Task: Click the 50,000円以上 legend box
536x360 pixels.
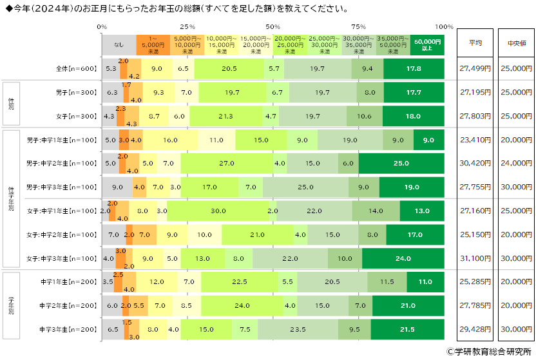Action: [x=427, y=44]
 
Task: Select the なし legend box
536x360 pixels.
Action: [x=119, y=44]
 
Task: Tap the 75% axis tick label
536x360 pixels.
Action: [x=358, y=27]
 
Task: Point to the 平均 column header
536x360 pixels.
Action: [x=475, y=43]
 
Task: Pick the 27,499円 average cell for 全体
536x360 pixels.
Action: [x=475, y=68]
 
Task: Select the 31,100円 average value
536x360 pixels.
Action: [x=475, y=258]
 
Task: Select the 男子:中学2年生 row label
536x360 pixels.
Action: [x=61, y=164]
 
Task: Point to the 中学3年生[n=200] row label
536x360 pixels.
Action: [x=68, y=330]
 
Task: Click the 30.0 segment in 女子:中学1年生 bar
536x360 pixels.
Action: [x=218, y=211]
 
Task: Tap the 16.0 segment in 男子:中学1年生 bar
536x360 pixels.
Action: [x=170, y=140]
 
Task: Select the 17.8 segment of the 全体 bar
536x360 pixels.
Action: [x=414, y=68]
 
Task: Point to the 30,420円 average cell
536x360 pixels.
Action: [x=475, y=164]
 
